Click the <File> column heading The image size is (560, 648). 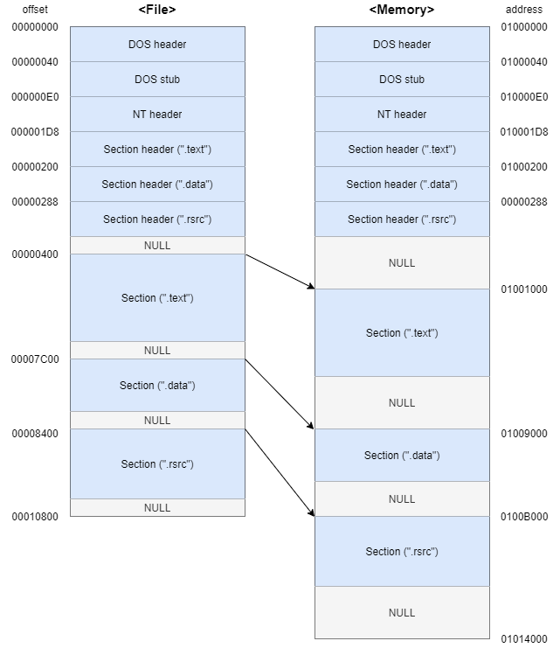click(x=157, y=10)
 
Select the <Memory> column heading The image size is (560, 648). click(x=402, y=10)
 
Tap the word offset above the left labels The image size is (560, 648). click(x=35, y=10)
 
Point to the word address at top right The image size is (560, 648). click(x=524, y=10)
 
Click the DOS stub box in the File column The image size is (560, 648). click(x=157, y=79)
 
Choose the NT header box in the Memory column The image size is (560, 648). click(x=402, y=114)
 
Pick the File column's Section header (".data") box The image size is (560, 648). click(x=157, y=184)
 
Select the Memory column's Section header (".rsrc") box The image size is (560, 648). click(x=402, y=219)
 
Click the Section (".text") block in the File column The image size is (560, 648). click(x=157, y=297)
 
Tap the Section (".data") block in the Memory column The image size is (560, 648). click(x=402, y=455)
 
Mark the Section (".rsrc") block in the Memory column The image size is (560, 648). click(x=402, y=551)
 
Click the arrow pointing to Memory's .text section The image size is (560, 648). click(x=280, y=270)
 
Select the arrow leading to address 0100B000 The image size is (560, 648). click(x=280, y=472)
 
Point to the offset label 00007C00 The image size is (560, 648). click(x=35, y=359)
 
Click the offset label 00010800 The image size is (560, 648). click(x=35, y=517)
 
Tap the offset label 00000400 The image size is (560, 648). click(x=35, y=254)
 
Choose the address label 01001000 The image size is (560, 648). click(x=524, y=289)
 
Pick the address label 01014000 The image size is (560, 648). click(x=524, y=639)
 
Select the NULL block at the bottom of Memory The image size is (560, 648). click(x=402, y=612)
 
